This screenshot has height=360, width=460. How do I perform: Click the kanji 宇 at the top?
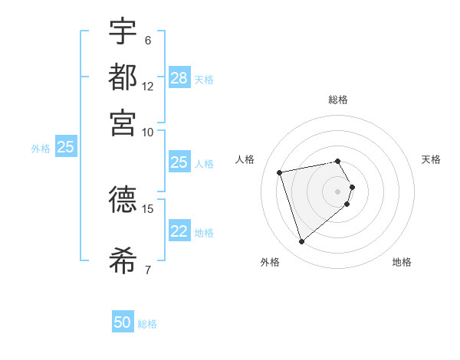coord(123,31)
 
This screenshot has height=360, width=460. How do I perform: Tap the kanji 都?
coord(123,77)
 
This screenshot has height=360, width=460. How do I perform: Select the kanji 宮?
coord(123,123)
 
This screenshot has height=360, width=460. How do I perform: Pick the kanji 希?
coord(123,260)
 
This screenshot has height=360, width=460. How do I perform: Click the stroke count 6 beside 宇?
coord(147,40)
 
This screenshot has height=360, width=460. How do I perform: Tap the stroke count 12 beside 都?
coord(148,87)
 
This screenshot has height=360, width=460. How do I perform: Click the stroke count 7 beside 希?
coord(147,270)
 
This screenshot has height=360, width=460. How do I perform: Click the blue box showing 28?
coord(179,78)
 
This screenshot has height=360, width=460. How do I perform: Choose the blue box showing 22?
coord(179,231)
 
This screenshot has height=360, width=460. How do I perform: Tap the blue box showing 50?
coord(123,322)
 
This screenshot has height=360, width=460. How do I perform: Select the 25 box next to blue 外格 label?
coord(65,147)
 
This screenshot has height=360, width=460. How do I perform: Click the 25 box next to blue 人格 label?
coord(179,162)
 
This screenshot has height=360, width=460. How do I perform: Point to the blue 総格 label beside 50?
coord(147,324)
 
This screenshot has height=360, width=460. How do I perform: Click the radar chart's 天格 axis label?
coord(431,159)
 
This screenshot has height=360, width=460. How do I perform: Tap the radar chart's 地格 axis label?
coord(402,263)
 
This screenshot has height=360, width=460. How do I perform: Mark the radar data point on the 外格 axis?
coord(302,242)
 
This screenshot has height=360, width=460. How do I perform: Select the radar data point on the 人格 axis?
coord(280,172)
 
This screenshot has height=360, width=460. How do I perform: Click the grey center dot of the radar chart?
coord(338,191)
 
